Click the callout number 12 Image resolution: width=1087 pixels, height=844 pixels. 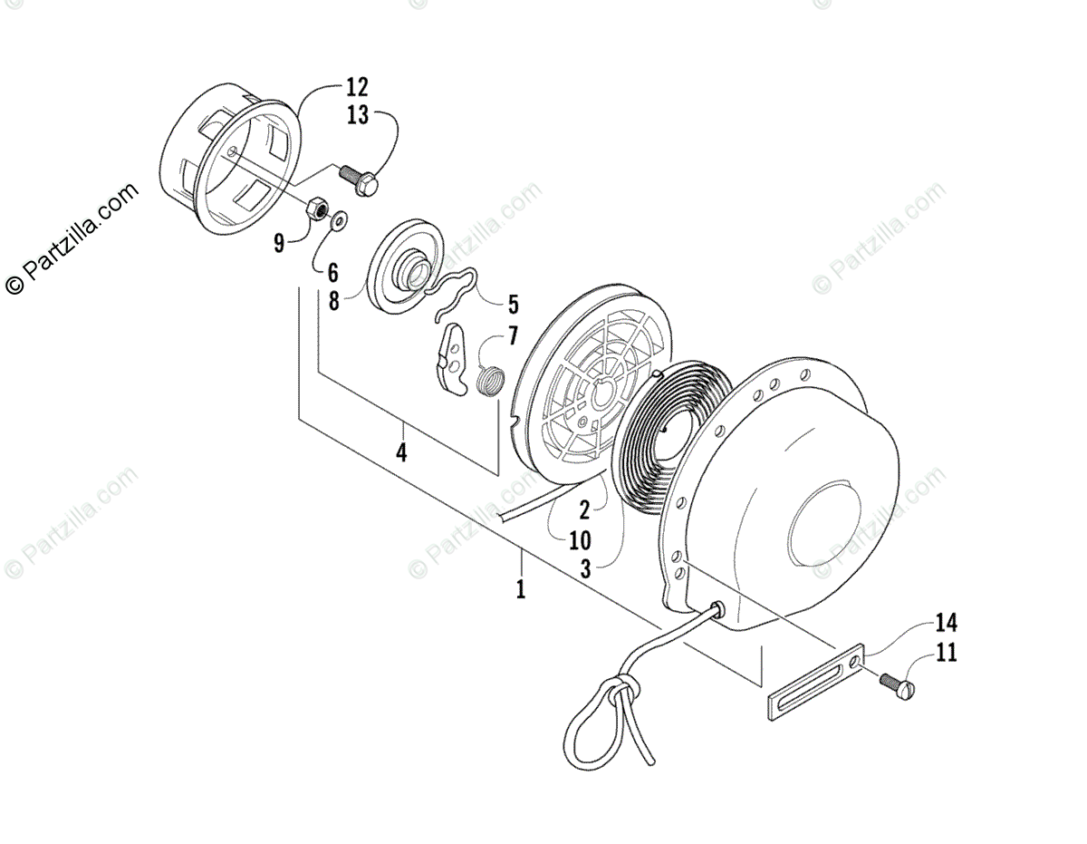357,89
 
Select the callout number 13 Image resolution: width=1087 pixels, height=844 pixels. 357,115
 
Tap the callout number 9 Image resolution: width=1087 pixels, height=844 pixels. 278,242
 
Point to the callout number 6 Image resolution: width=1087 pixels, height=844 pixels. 332,271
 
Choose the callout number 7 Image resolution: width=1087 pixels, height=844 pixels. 512,336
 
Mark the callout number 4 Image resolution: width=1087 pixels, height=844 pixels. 400,451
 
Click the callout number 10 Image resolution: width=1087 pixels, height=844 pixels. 580,541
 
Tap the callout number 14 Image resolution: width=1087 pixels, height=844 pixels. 946,623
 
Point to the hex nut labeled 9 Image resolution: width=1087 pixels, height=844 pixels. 318,209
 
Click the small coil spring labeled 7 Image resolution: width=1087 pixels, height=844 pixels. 490,379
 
